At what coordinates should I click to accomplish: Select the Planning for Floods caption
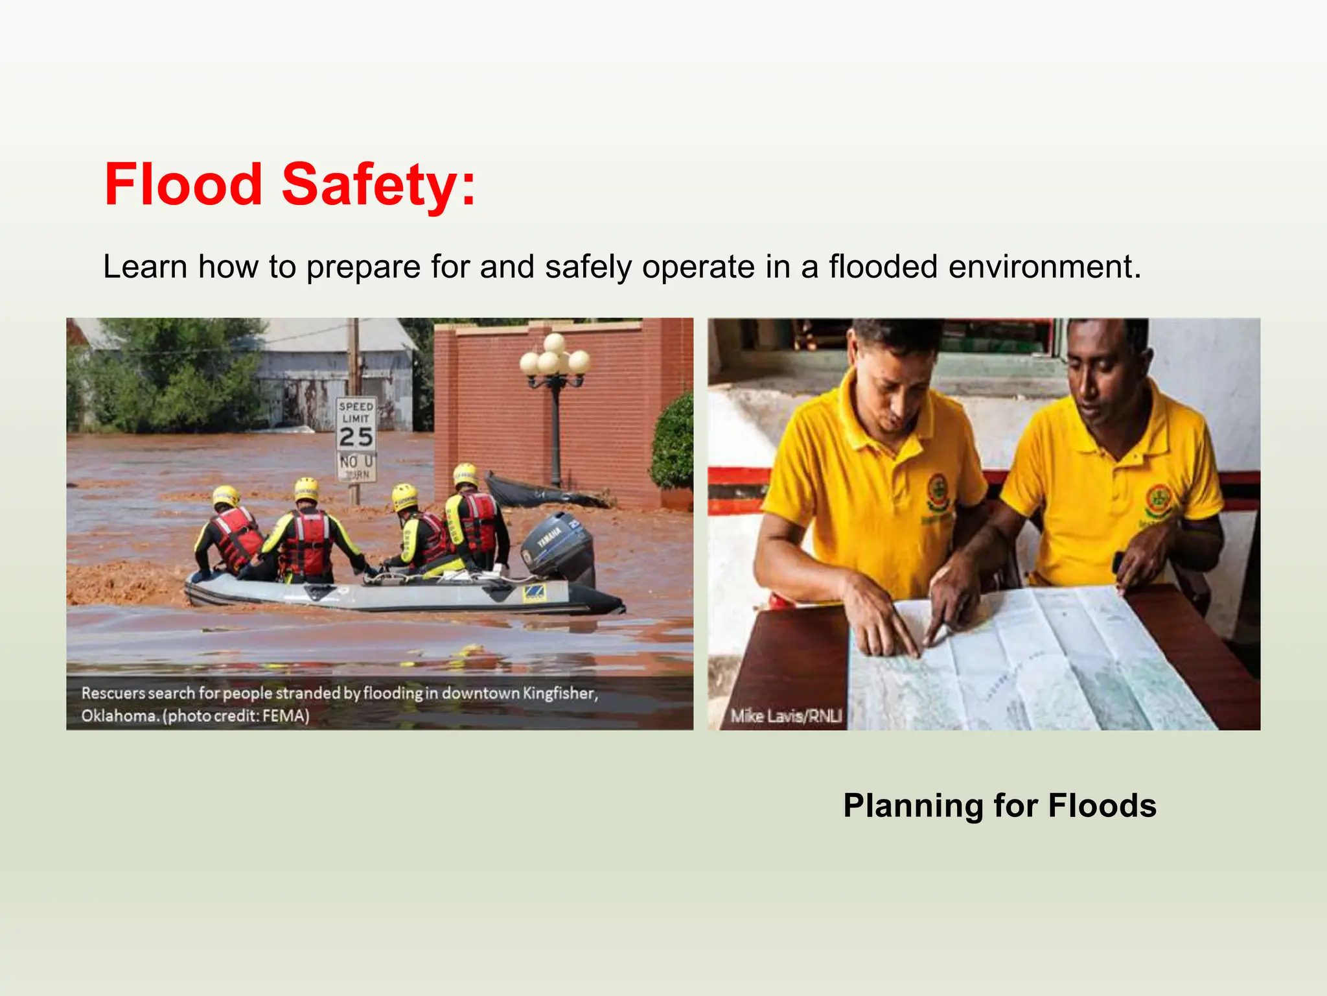point(999,806)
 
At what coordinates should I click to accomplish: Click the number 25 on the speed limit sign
point(356,437)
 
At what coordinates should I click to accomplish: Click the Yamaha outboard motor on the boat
point(559,545)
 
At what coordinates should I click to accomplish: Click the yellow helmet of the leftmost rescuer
point(226,497)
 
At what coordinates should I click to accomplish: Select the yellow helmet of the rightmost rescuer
point(465,475)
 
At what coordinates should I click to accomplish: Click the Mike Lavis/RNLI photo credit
point(786,716)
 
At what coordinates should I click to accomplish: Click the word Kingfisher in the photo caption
point(560,693)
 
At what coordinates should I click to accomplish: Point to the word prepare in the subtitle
point(363,267)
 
